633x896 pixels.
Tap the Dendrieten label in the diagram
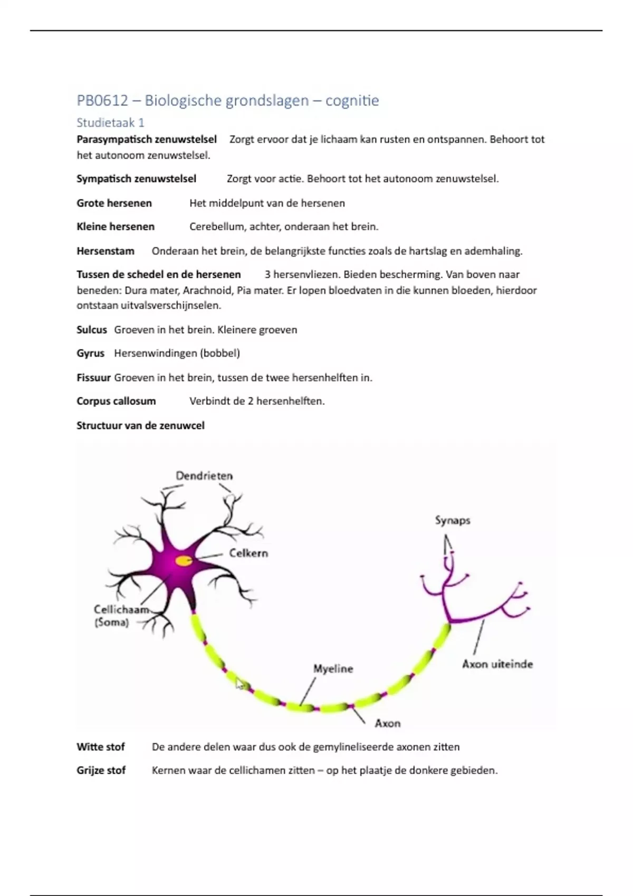point(204,475)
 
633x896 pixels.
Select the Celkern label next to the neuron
point(248,553)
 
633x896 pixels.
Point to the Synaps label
point(453,520)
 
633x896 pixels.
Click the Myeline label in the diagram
point(333,668)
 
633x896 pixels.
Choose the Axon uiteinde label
point(497,664)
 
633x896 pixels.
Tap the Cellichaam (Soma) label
point(121,616)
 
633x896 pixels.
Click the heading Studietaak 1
point(110,123)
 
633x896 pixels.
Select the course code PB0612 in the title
point(102,100)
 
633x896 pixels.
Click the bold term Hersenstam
point(105,251)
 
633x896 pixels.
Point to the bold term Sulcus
point(92,330)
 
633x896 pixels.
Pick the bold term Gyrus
point(90,353)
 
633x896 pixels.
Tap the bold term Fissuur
point(93,377)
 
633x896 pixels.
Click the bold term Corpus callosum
point(116,401)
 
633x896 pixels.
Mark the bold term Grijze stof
point(101,771)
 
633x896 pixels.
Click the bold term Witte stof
point(100,747)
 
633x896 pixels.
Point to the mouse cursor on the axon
point(239,684)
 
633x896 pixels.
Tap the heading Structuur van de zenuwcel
point(140,425)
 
